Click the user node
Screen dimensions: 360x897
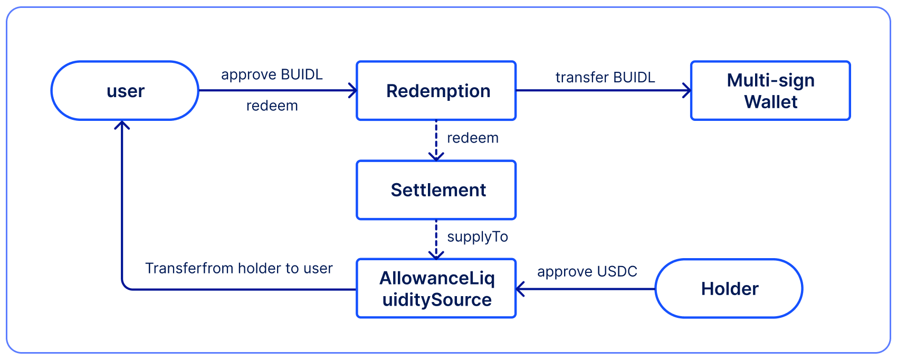pyautogui.click(x=125, y=91)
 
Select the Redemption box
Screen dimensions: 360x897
pyautogui.click(x=436, y=91)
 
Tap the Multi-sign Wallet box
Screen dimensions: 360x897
pyautogui.click(x=770, y=91)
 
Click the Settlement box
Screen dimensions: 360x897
pyautogui.click(x=436, y=190)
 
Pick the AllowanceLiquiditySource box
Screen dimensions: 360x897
pyautogui.click(x=436, y=289)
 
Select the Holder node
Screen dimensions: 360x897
pyautogui.click(x=729, y=289)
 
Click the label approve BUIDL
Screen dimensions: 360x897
pyautogui.click(x=272, y=75)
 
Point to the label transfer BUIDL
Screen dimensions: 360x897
pyautogui.click(x=605, y=78)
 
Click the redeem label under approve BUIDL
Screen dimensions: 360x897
pyautogui.click(x=272, y=106)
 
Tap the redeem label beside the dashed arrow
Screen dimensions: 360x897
pyautogui.click(x=472, y=138)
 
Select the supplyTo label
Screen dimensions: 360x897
pyautogui.click(x=478, y=237)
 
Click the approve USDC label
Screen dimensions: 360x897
pyautogui.click(x=587, y=272)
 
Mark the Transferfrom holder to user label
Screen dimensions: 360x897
pyautogui.click(x=238, y=269)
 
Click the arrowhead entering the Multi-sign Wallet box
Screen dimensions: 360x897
pyautogui.click(x=687, y=91)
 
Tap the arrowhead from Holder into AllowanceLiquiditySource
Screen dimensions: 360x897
pyautogui.click(x=520, y=289)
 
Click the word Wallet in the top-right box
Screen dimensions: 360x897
pyautogui.click(x=770, y=102)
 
